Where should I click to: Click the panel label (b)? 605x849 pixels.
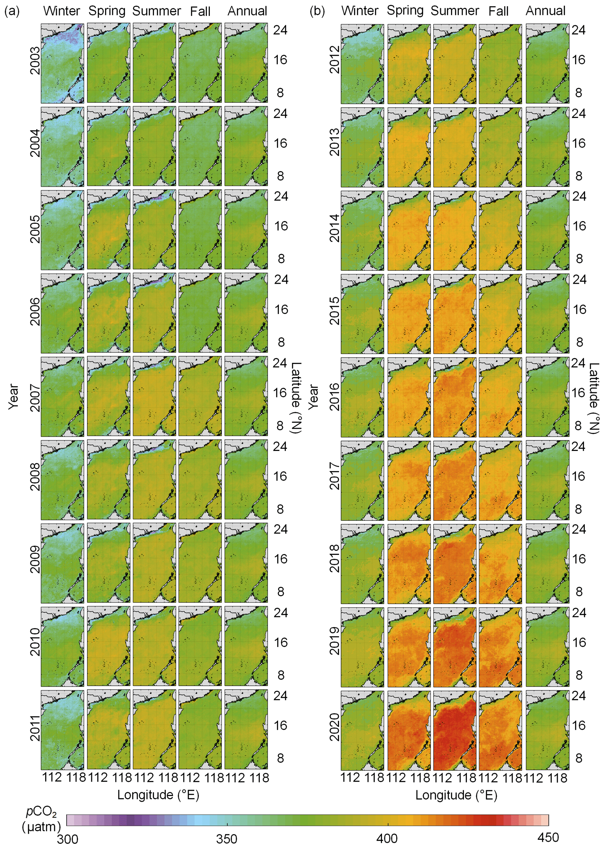tap(317, 11)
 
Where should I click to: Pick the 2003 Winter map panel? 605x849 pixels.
tap(62, 63)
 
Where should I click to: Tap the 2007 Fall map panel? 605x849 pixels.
tap(200, 396)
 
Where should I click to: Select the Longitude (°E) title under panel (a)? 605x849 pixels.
tap(158, 795)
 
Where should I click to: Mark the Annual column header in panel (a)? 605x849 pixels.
tap(247, 11)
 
